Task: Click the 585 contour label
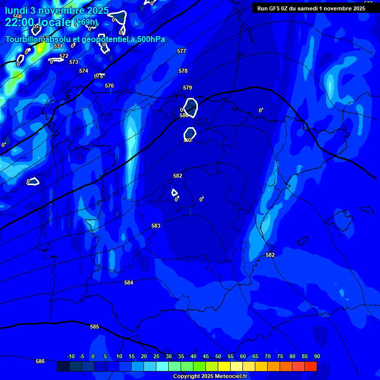pos(95,327)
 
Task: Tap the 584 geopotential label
pos(129,283)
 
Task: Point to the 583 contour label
pos(156,226)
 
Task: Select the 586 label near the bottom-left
pos(40,361)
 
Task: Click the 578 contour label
pos(183,71)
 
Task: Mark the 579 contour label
pos(188,88)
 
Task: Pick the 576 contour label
pos(109,86)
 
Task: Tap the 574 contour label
pos(84,71)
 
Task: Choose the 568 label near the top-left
pos(17,16)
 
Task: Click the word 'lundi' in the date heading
pos(17,10)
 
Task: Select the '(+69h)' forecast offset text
pos(86,22)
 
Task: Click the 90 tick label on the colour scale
pos(317,356)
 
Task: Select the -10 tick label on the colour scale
pos(70,356)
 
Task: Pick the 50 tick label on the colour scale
pos(218,356)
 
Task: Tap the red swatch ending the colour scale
pos(310,366)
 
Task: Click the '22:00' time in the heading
pos(20,22)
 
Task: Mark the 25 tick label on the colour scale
pos(156,356)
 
